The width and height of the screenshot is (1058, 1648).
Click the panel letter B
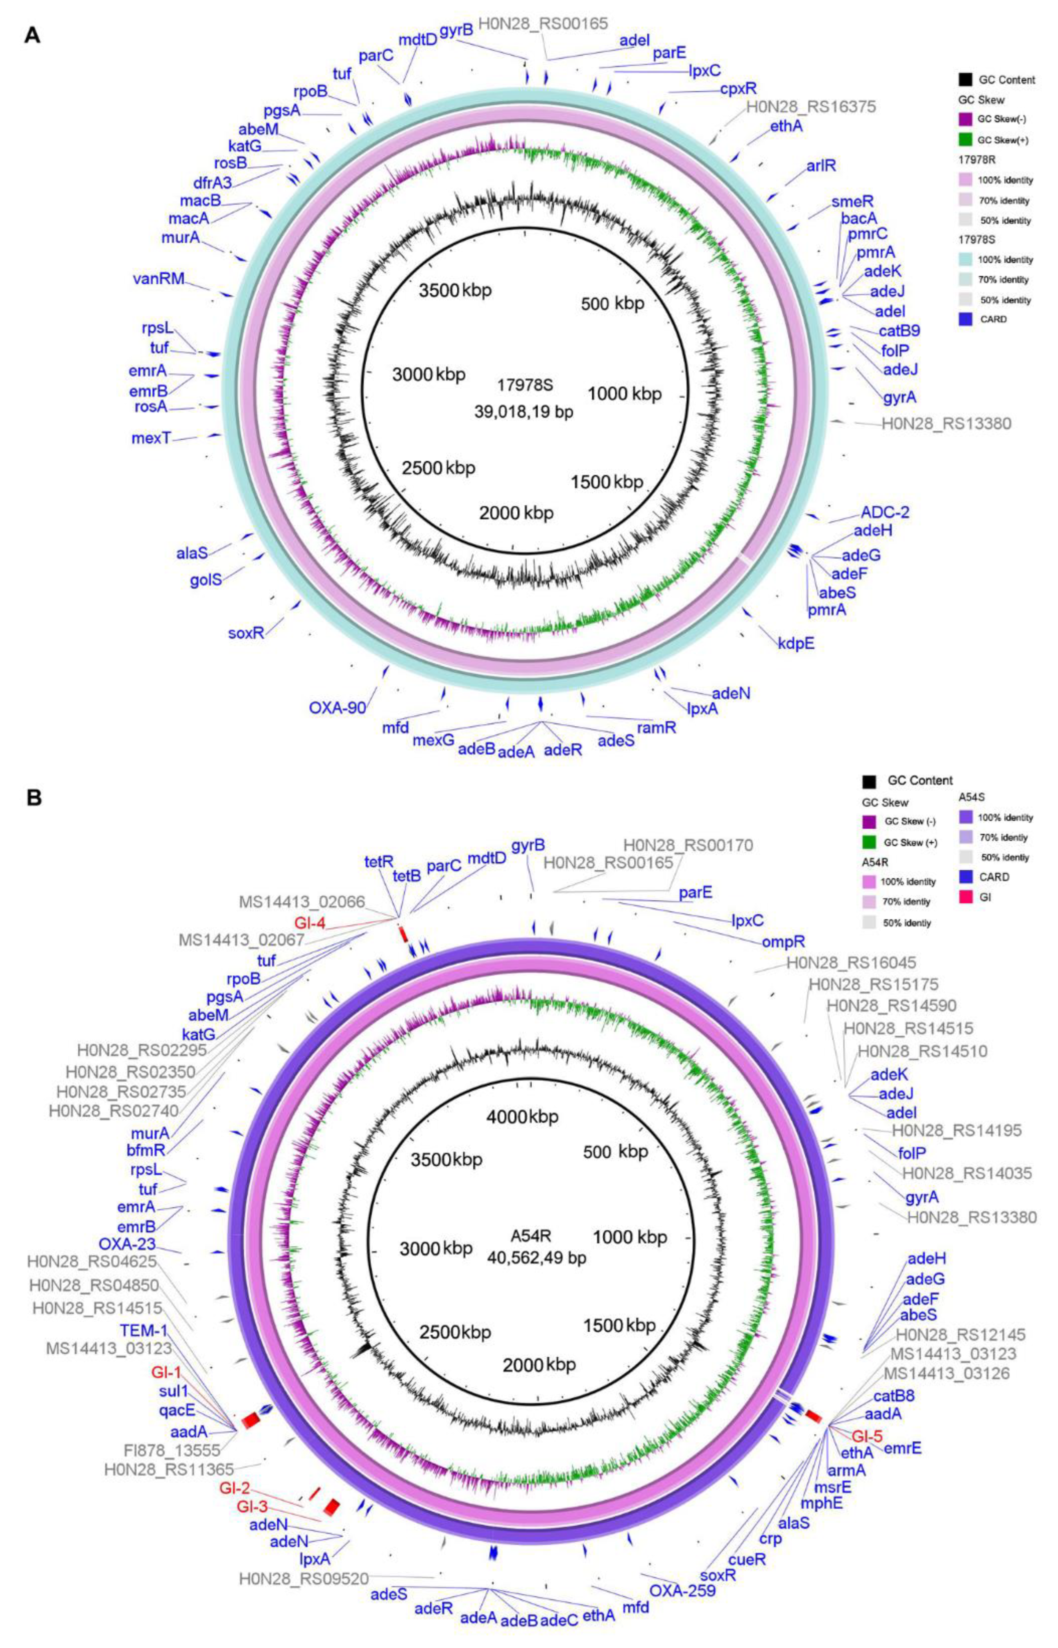click(34, 798)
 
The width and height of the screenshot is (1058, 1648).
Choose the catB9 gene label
click(899, 331)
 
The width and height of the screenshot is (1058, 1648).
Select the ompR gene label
click(783, 942)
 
